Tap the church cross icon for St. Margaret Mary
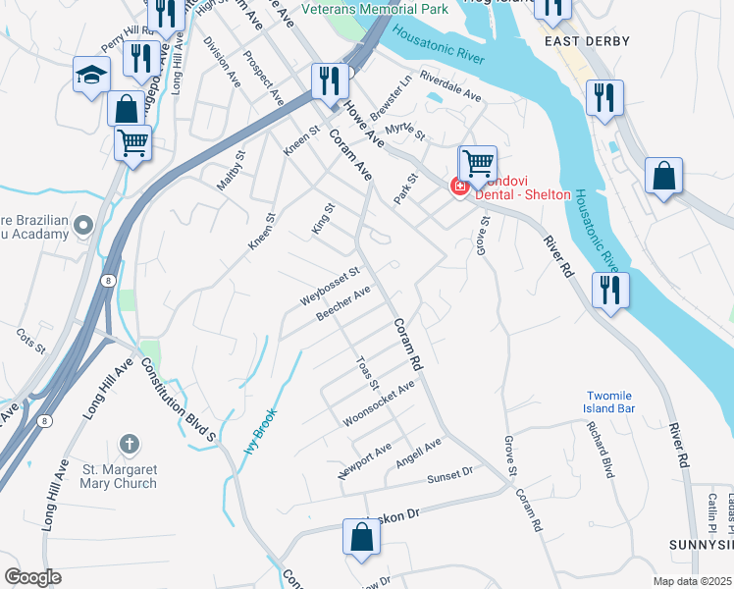[129, 445]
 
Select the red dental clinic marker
[458, 187]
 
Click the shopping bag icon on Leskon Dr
[361, 536]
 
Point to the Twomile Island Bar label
[608, 402]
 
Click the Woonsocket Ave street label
[379, 404]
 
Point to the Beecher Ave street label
[343, 302]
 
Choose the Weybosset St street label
[332, 284]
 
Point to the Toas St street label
[368, 371]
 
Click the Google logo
[32, 576]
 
